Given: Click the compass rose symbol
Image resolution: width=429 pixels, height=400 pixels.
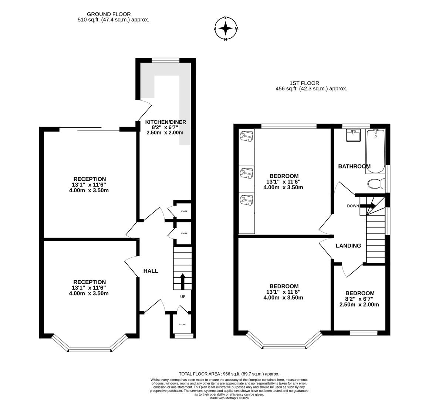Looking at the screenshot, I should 226,28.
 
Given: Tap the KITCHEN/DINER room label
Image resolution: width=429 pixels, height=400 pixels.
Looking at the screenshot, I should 165,122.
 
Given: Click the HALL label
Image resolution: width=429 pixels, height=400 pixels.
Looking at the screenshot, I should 151,271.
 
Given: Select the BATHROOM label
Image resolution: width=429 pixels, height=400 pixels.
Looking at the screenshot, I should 354,166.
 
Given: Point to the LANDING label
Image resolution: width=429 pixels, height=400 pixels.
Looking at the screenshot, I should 348,246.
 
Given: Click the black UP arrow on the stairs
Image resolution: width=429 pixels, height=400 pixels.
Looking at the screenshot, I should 182,281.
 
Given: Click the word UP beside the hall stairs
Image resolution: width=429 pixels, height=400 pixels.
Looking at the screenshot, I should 183,297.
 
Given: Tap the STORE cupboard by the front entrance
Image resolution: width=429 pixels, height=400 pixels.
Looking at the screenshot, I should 182,324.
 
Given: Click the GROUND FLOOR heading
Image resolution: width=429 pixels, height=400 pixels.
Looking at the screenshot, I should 109,14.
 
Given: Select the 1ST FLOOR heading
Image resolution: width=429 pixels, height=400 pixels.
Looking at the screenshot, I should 304,83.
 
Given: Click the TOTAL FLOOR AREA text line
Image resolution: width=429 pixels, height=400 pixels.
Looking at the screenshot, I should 229,374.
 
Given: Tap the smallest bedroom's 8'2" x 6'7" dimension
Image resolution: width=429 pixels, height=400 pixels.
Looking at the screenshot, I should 359,299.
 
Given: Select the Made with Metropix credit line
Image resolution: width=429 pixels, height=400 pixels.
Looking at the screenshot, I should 229,398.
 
